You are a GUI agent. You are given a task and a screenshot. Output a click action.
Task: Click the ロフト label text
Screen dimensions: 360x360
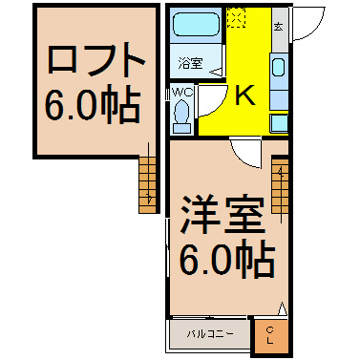(x=96, y=59)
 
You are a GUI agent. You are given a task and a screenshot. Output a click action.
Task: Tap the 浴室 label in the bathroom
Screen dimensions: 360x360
(x=190, y=63)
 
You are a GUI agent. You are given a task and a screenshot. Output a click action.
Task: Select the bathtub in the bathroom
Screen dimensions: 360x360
(x=196, y=24)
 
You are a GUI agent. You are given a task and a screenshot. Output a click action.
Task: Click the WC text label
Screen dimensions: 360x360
(x=182, y=92)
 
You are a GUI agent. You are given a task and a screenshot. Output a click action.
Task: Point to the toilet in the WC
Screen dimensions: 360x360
(x=182, y=116)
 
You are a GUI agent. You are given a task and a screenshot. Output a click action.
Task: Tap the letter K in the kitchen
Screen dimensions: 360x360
(x=244, y=95)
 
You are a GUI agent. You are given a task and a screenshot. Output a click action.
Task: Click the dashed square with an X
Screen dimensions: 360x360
(x=237, y=17)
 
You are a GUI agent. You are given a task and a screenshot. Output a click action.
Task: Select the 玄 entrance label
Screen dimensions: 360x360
(x=279, y=28)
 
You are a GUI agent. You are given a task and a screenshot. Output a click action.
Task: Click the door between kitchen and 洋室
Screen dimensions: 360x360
(x=246, y=153)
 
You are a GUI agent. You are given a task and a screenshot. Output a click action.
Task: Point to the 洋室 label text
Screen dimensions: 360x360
(x=222, y=215)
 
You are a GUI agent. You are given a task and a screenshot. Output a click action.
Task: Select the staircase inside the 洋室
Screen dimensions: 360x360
(x=280, y=185)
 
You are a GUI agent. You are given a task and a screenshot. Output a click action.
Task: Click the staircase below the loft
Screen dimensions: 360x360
(x=148, y=185)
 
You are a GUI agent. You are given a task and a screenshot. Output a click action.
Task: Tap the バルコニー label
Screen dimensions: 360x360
(x=210, y=334)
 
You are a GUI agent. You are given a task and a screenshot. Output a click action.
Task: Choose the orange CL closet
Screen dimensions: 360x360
(x=271, y=336)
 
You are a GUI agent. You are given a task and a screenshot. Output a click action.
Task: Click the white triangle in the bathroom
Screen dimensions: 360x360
(x=218, y=73)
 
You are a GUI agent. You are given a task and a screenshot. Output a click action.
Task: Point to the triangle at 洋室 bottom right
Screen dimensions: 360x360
(x=283, y=308)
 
